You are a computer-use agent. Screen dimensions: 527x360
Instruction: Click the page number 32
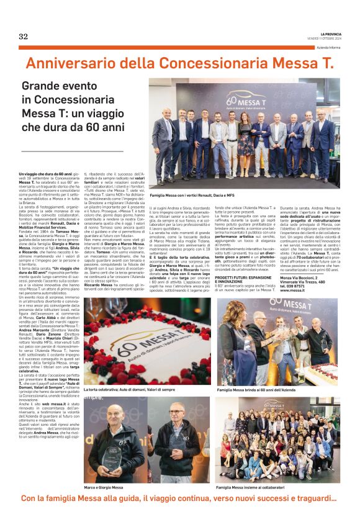[23, 36]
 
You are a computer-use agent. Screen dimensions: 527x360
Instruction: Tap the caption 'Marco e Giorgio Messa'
[104, 488]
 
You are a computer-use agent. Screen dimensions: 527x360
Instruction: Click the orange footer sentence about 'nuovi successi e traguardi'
[179, 499]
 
